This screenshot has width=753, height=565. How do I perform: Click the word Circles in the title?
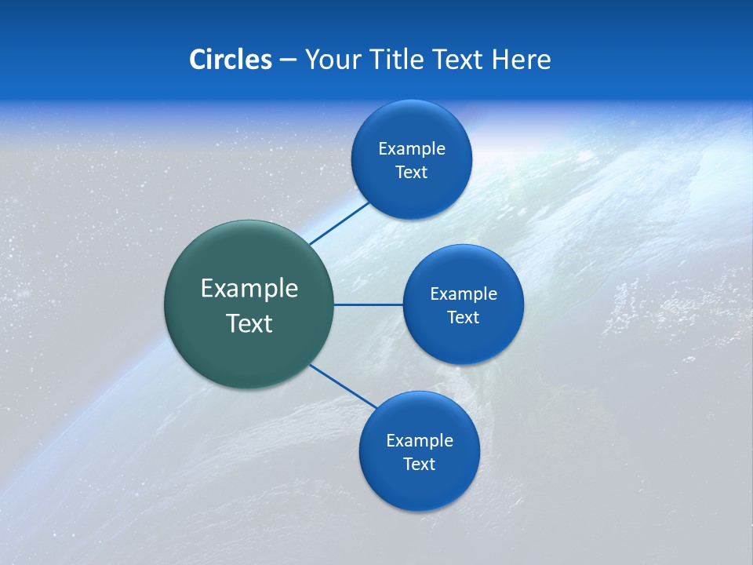(230, 60)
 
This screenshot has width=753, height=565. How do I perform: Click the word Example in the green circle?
(249, 289)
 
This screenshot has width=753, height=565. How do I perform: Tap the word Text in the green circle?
(249, 323)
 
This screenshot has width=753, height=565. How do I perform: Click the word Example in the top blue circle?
(412, 149)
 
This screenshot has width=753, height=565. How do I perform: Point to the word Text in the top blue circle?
(411, 173)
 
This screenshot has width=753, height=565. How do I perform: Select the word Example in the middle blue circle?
(464, 294)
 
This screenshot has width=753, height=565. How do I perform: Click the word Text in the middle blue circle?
(463, 318)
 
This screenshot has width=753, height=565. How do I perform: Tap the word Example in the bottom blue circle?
(420, 441)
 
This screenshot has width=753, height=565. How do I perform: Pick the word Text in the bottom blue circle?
(419, 465)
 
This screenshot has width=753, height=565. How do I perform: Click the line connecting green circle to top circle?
(339, 223)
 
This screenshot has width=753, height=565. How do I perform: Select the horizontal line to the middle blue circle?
(368, 304)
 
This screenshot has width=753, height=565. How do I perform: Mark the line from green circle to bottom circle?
(343, 385)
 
